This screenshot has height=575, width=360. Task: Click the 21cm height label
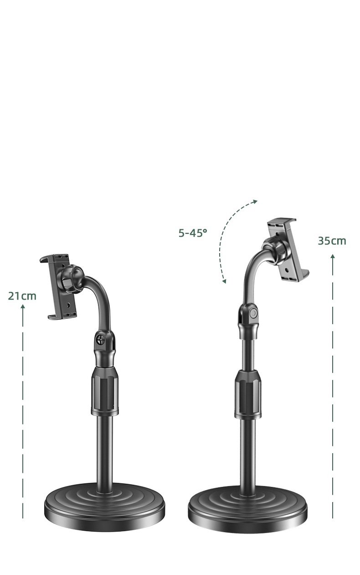(x=22, y=296)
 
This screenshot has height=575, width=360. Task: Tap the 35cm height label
(x=332, y=241)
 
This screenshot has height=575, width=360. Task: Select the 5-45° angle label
(x=193, y=233)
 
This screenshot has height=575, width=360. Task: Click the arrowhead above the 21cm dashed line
(x=23, y=306)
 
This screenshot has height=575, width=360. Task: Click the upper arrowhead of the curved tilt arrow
(x=255, y=201)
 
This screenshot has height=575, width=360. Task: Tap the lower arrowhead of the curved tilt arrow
(x=224, y=281)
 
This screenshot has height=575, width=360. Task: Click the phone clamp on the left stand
(x=59, y=287)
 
